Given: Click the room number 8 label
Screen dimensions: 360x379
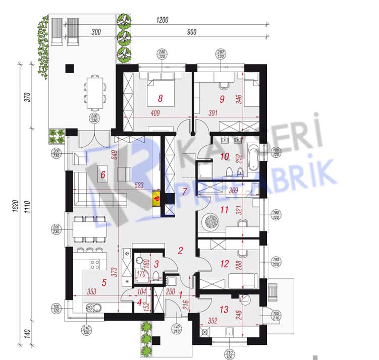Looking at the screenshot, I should pyautogui.click(x=160, y=98).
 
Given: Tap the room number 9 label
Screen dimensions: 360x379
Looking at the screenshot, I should pyautogui.click(x=221, y=98).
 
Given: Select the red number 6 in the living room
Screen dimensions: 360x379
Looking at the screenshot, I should pyautogui.click(x=103, y=175).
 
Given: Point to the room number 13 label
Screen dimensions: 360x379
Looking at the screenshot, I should pyautogui.click(x=224, y=309).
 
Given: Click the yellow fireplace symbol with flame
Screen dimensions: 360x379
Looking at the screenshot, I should pyautogui.click(x=157, y=198).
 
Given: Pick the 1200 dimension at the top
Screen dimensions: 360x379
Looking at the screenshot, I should pyautogui.click(x=163, y=20).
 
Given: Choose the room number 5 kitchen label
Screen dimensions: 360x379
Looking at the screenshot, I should pyautogui.click(x=104, y=282).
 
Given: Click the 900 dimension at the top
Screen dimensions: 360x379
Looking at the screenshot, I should pyautogui.click(x=192, y=32).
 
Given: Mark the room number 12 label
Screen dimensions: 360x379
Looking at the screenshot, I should pyautogui.click(x=225, y=264).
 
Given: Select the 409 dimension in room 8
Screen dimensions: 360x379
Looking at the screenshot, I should pyautogui.click(x=155, y=113).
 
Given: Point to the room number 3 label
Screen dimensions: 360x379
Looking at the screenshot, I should pyautogui.click(x=156, y=263).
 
